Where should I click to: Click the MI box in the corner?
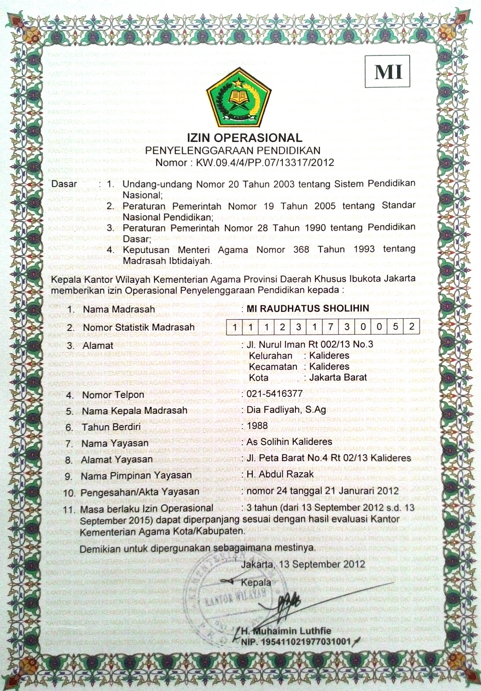click(x=388, y=72)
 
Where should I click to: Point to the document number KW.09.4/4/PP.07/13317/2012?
click(x=265, y=163)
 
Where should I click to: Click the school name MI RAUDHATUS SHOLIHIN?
click(x=307, y=309)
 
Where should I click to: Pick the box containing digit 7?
click(x=331, y=326)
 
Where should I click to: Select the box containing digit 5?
click(x=395, y=326)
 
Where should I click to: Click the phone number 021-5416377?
click(x=275, y=393)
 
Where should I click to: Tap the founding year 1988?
click(x=257, y=425)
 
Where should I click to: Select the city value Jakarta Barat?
click(x=338, y=378)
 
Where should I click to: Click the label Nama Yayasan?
click(x=115, y=443)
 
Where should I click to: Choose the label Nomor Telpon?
click(x=113, y=395)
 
